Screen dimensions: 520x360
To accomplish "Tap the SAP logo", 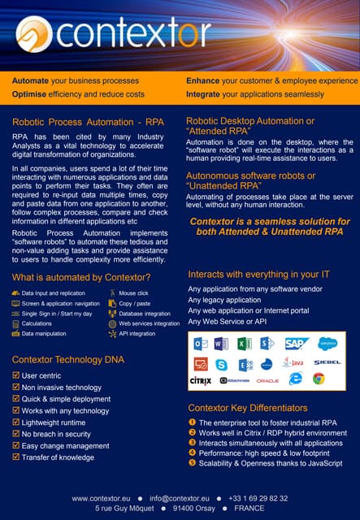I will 296,344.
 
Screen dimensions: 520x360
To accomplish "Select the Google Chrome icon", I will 319,379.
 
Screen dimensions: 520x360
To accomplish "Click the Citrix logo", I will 201,379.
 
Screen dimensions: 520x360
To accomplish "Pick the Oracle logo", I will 267,380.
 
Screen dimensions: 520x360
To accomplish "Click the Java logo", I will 294,362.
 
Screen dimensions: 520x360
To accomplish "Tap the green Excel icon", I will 244,344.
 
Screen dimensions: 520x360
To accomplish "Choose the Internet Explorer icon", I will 295,379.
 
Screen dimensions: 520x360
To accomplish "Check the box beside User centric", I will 16,375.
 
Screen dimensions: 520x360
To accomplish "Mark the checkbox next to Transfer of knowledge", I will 16,457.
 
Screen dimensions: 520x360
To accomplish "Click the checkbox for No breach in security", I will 16,434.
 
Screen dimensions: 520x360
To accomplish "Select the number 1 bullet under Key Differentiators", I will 192,422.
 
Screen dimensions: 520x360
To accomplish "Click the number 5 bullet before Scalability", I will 192,462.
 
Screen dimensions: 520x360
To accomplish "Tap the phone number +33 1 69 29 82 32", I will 258,498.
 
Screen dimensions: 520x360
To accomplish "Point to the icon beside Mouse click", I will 112,292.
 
